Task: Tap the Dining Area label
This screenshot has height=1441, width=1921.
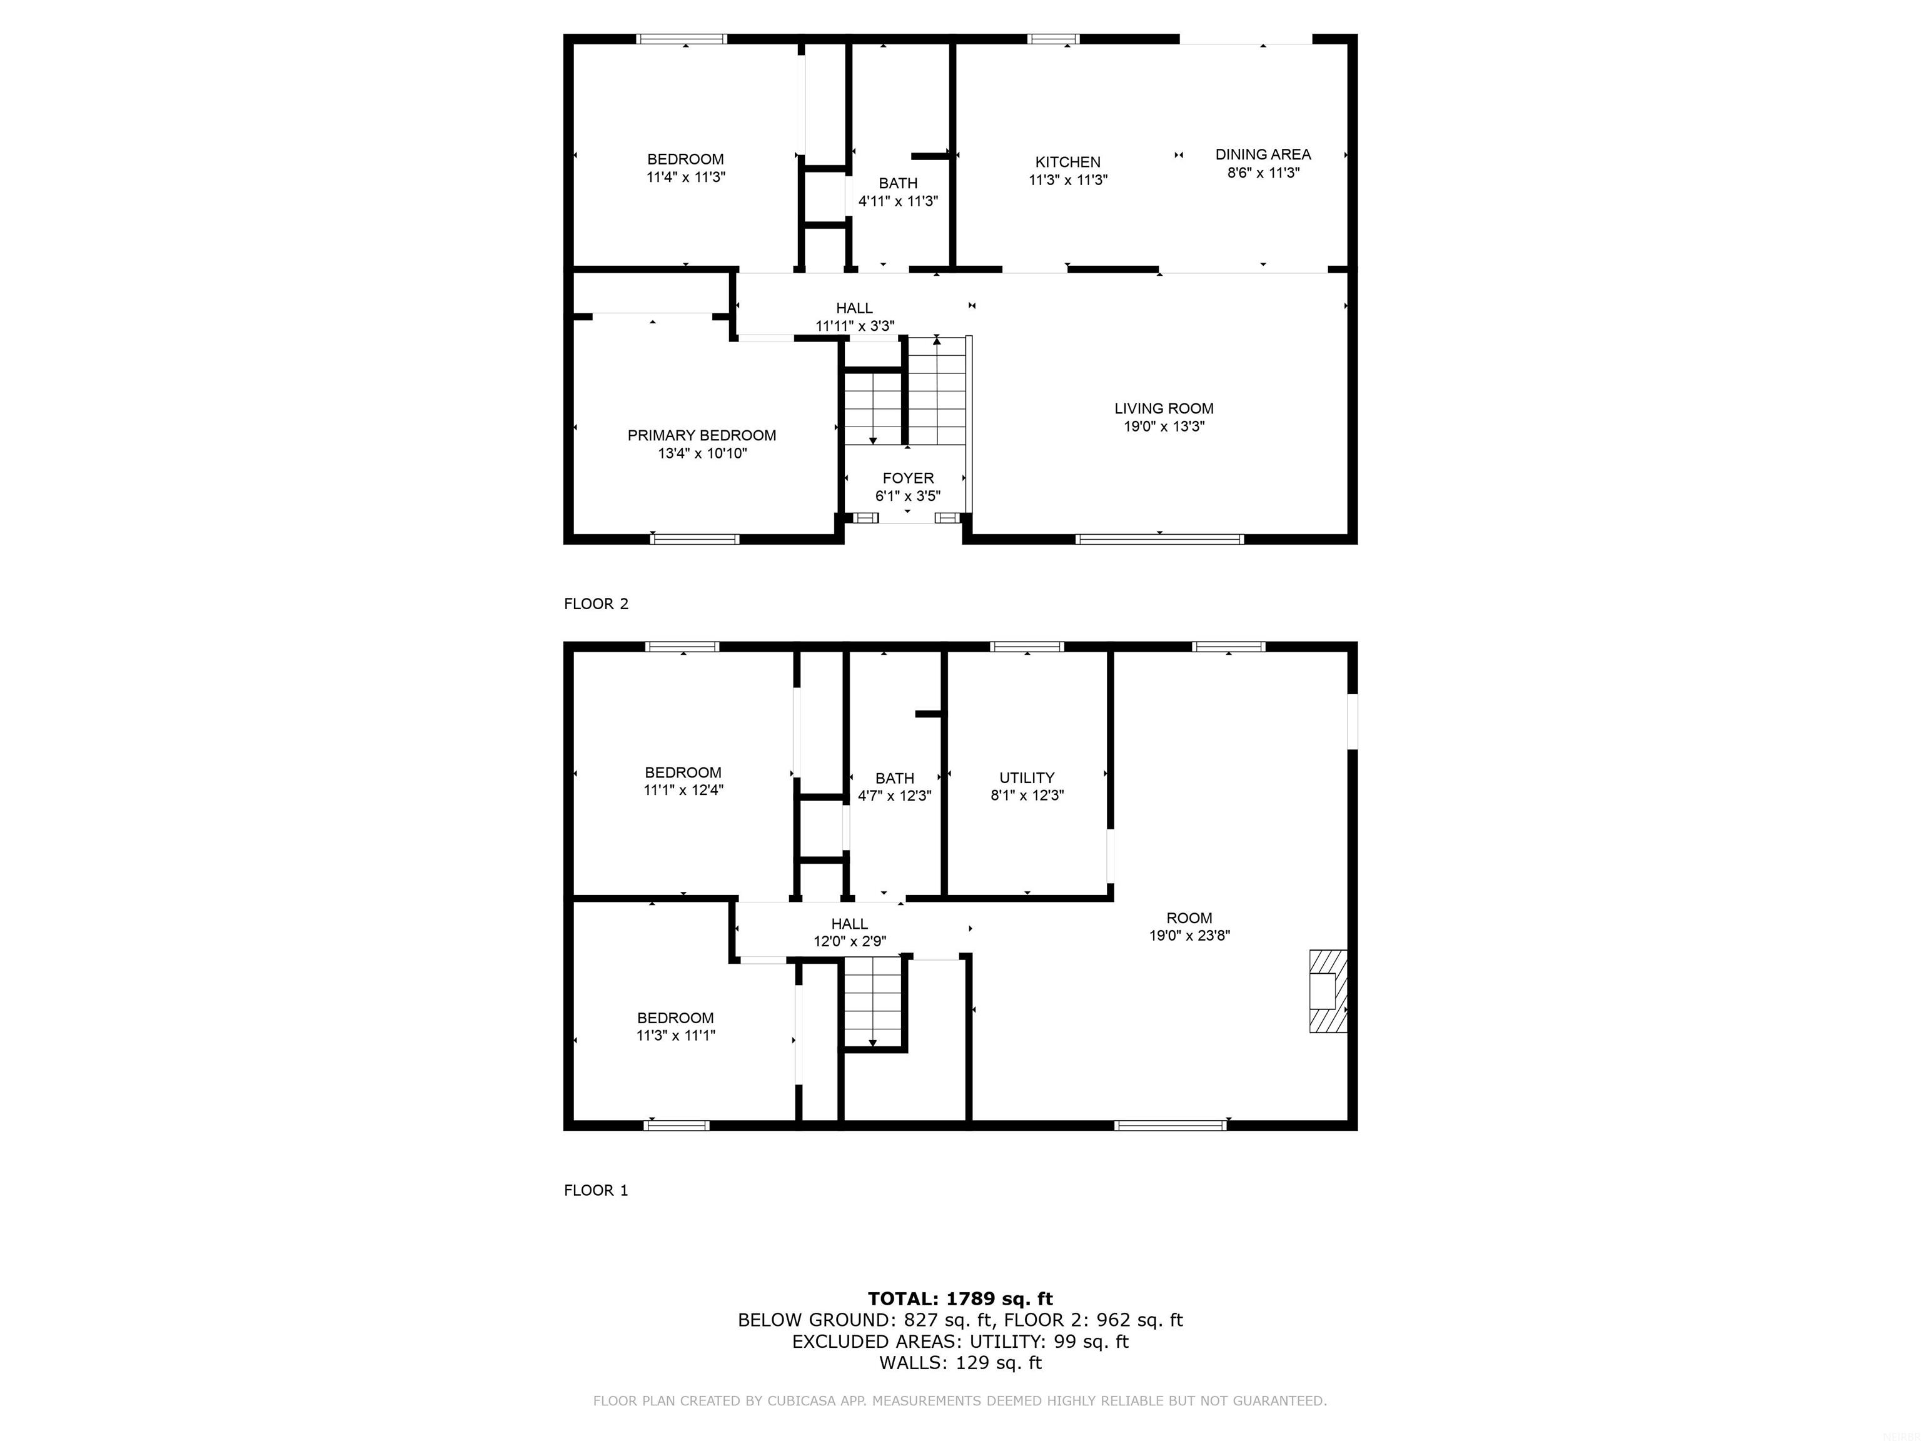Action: (x=1263, y=154)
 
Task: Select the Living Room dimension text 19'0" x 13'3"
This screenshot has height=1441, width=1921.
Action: (x=1164, y=427)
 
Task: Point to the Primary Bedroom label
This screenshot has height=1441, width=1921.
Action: (x=702, y=435)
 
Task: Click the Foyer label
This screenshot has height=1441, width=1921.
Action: (x=907, y=478)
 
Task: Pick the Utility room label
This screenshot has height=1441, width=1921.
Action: (x=1027, y=778)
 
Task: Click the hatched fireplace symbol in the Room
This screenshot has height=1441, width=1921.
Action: (x=1328, y=991)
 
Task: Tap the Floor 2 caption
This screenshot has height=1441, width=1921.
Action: (x=596, y=604)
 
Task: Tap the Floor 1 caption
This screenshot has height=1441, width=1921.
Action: (x=596, y=1190)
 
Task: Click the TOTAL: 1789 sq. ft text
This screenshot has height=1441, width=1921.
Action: (x=960, y=1298)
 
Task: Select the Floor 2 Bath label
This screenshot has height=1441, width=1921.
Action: (x=898, y=183)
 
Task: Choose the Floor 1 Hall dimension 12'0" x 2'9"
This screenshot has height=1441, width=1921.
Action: (x=849, y=941)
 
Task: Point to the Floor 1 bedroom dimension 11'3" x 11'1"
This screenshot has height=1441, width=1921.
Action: (x=675, y=1035)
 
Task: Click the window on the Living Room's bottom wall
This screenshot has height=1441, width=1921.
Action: (x=1159, y=539)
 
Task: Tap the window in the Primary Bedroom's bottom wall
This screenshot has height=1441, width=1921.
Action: (x=695, y=539)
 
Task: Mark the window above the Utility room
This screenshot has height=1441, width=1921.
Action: (x=1027, y=646)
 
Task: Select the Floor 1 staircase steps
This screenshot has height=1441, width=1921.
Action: (x=873, y=1004)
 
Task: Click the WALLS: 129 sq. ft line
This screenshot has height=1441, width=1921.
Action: (x=960, y=1363)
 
